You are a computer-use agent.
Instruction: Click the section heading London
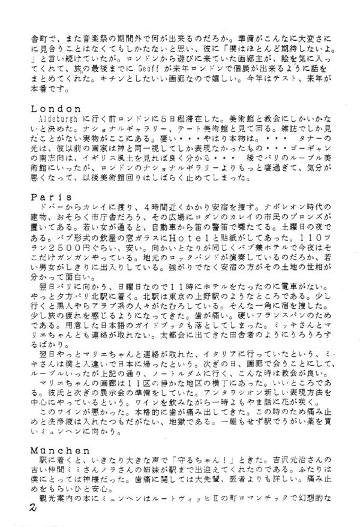click(64, 109)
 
